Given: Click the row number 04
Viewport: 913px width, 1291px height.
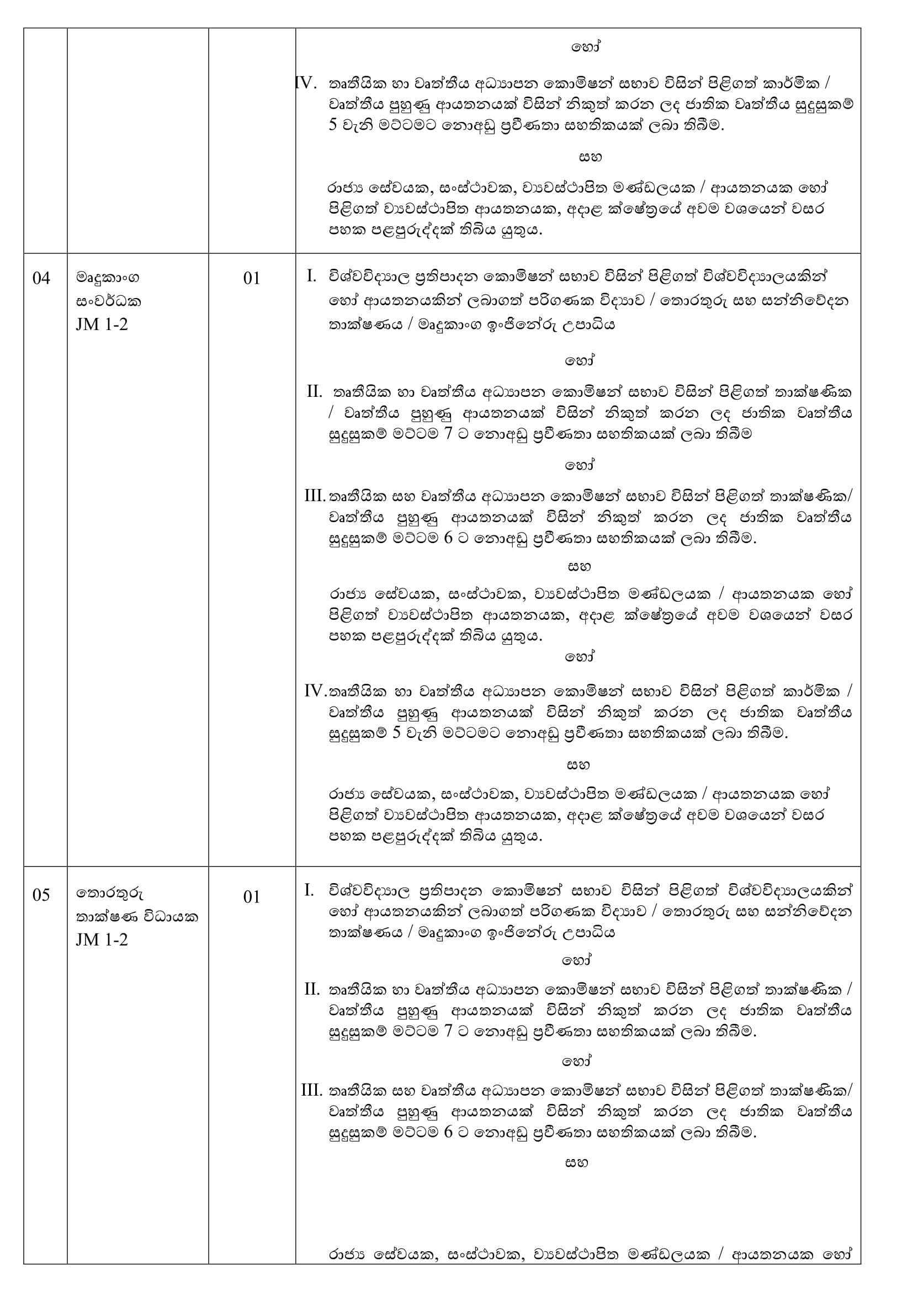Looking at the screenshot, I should [41, 278].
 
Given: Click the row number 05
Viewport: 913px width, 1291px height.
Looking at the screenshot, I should [41, 895].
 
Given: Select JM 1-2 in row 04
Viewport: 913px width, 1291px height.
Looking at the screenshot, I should [102, 325].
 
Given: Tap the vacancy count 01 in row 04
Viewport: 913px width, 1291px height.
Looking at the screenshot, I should [251, 278].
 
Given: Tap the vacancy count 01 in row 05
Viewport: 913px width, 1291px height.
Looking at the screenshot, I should [251, 896].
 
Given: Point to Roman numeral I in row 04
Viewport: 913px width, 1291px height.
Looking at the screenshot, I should [311, 276].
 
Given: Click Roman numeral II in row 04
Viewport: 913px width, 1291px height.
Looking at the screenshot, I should [314, 391].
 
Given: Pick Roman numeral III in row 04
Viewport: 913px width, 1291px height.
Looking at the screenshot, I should [314, 496].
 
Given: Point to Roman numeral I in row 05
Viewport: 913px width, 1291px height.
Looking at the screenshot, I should [309, 890].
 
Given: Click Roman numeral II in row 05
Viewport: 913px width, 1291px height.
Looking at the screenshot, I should [312, 989].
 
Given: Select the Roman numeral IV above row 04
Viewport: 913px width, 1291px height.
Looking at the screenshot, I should [306, 83].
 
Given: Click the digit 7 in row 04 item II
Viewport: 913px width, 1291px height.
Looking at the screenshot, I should [448, 434].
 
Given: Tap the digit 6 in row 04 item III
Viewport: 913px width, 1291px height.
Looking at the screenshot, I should [448, 538].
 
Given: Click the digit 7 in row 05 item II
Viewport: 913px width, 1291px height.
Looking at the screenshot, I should [448, 1032].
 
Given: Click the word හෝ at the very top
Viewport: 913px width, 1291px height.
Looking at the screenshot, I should [585, 47].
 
